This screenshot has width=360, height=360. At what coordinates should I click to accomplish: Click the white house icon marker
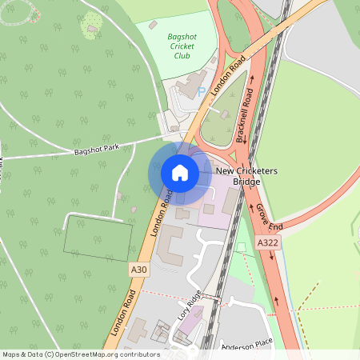pyautogui.click(x=179, y=173)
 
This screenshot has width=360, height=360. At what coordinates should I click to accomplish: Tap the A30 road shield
pyautogui.click(x=139, y=270)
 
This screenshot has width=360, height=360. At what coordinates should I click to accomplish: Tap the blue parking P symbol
pyautogui.click(x=201, y=90)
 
